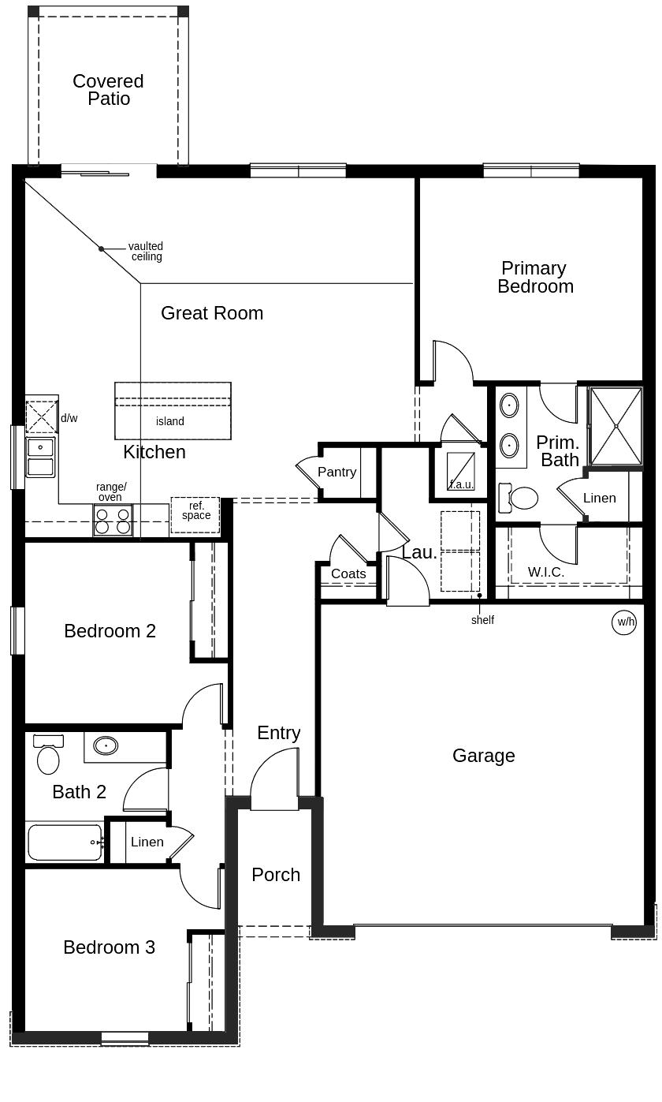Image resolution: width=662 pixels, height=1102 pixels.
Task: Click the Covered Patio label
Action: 108,90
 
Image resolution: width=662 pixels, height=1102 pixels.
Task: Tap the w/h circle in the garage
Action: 624,622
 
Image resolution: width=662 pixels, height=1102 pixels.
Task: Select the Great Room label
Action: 212,313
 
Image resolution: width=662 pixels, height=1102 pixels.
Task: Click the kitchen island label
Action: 170,421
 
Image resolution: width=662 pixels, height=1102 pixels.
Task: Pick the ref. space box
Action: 195,514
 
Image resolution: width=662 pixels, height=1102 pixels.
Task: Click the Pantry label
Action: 337,472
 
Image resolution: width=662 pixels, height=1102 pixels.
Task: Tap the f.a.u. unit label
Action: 461,484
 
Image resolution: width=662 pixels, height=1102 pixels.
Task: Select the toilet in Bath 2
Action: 48,760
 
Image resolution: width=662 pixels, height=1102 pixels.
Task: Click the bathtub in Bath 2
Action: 65,842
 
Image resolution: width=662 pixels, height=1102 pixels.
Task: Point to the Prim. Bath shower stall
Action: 616,426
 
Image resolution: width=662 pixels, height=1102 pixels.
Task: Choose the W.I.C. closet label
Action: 545,572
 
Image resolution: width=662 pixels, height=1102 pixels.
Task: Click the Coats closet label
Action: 348,573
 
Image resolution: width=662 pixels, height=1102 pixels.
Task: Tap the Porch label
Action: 276,875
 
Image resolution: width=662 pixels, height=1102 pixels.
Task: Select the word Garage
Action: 483,756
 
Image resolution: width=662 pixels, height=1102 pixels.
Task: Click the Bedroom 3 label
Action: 109,947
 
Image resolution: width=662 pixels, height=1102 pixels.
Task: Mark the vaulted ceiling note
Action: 146,252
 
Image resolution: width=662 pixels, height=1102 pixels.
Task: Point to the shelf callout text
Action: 482,620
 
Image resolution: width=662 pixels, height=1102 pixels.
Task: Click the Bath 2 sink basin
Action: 106,745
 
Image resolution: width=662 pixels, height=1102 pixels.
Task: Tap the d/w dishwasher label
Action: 69,418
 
